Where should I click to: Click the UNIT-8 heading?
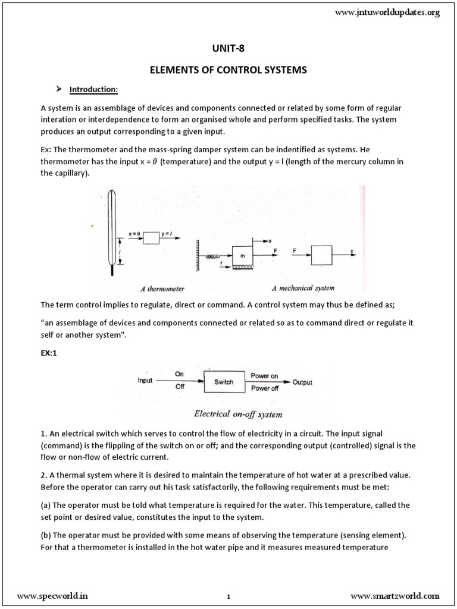[228, 49]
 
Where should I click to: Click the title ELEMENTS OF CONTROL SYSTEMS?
[228, 70]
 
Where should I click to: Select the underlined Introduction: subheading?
[94, 90]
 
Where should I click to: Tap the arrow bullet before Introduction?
[59, 89]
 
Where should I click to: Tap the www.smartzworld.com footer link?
[395, 595]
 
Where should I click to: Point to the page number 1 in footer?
[228, 596]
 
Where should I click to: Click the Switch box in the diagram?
[224, 382]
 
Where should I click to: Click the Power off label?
[265, 388]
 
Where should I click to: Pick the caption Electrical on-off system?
[229, 414]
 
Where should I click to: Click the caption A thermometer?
[162, 288]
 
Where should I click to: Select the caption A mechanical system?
[302, 288]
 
